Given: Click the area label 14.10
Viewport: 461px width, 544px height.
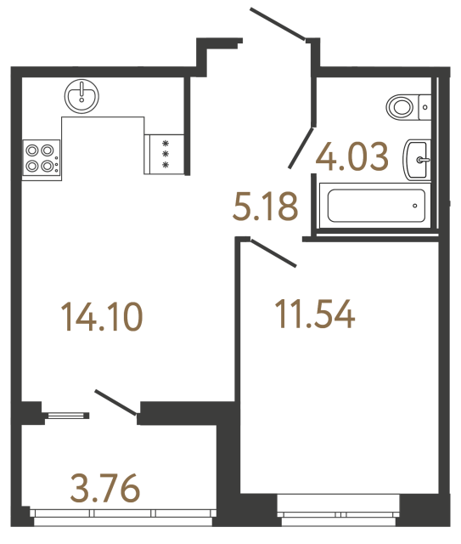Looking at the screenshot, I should coord(101,317).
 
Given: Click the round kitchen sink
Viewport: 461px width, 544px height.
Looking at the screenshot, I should coord(83,94).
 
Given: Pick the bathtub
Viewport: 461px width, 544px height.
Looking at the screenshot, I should coord(371,203).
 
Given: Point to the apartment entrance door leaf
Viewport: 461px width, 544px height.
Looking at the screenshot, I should coord(278,23).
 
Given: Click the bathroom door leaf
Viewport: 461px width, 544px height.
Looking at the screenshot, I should coord(299,147).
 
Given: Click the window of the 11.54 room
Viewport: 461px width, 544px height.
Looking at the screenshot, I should coord(339,513).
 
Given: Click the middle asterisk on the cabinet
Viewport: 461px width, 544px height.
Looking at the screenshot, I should coord(166,154).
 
